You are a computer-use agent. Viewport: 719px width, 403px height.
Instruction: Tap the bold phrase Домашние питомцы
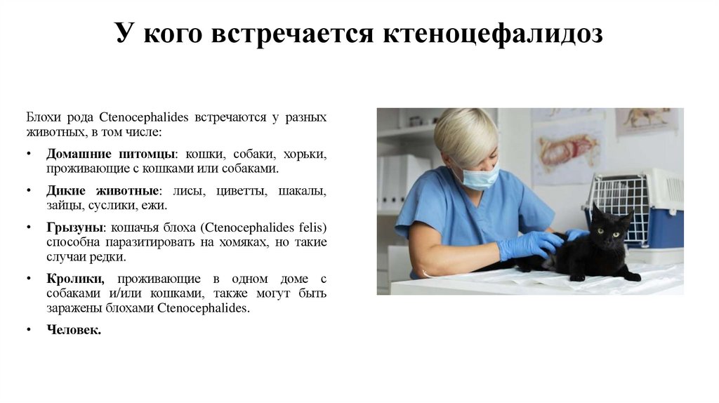pos(110,154)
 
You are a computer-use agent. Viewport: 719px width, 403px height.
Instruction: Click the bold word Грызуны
pos(75,227)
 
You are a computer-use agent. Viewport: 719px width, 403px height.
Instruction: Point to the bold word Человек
pos(74,329)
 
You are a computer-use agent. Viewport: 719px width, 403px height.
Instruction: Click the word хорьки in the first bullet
pos(306,154)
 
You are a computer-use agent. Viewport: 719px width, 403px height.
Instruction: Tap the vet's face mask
pos(481,176)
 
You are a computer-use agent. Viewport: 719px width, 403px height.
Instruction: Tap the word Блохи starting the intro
pos(41,117)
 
